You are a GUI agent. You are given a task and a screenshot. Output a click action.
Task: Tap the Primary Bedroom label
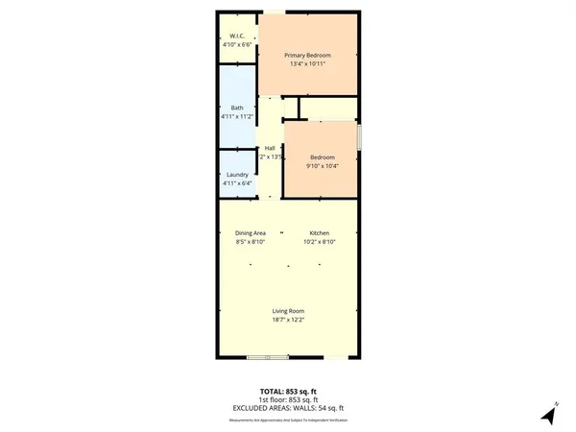pos(308,56)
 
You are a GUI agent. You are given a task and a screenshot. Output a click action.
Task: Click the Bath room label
pos(236,108)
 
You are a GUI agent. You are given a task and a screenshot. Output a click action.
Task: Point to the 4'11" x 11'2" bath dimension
pos(236,117)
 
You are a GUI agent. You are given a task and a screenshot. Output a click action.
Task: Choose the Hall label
pos(270,148)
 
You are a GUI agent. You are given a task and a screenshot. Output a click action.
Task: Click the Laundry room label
pos(236,174)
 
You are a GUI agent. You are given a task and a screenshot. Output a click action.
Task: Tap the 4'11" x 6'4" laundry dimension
pos(236,183)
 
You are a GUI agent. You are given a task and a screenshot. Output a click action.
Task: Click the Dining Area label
pos(250,233)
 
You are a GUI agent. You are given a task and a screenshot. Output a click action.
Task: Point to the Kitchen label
pos(320,233)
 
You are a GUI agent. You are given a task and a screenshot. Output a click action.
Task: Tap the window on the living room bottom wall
pos(267,358)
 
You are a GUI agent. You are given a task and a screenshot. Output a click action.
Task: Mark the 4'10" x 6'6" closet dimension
pos(235,42)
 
